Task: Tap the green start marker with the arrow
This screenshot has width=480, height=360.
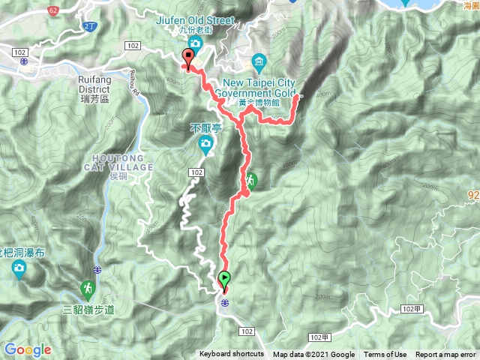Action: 224,280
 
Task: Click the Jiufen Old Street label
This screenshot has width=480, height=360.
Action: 196,21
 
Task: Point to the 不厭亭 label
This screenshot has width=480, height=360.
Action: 204,128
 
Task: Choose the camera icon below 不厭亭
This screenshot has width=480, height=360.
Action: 205,143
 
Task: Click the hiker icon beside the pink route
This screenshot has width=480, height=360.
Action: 250,180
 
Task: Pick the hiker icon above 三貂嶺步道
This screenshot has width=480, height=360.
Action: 88,289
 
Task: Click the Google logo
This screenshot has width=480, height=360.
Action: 27,349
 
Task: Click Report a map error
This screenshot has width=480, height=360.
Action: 445,355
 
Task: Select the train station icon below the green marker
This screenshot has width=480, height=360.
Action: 224,301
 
